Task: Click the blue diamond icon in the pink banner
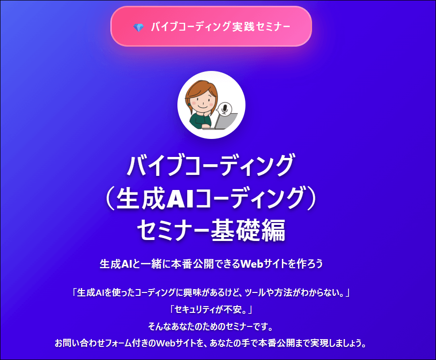pyautogui.click(x=139, y=27)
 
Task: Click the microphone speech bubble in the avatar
pyautogui.click(x=224, y=109)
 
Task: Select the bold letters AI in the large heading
pyautogui.click(x=180, y=199)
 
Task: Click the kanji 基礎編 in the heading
pyautogui.click(x=248, y=230)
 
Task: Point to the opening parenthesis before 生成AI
pyautogui.click(x=110, y=199)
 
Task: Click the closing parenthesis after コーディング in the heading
pyautogui.click(x=312, y=199)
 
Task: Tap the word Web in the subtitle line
pyautogui.click(x=252, y=263)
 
